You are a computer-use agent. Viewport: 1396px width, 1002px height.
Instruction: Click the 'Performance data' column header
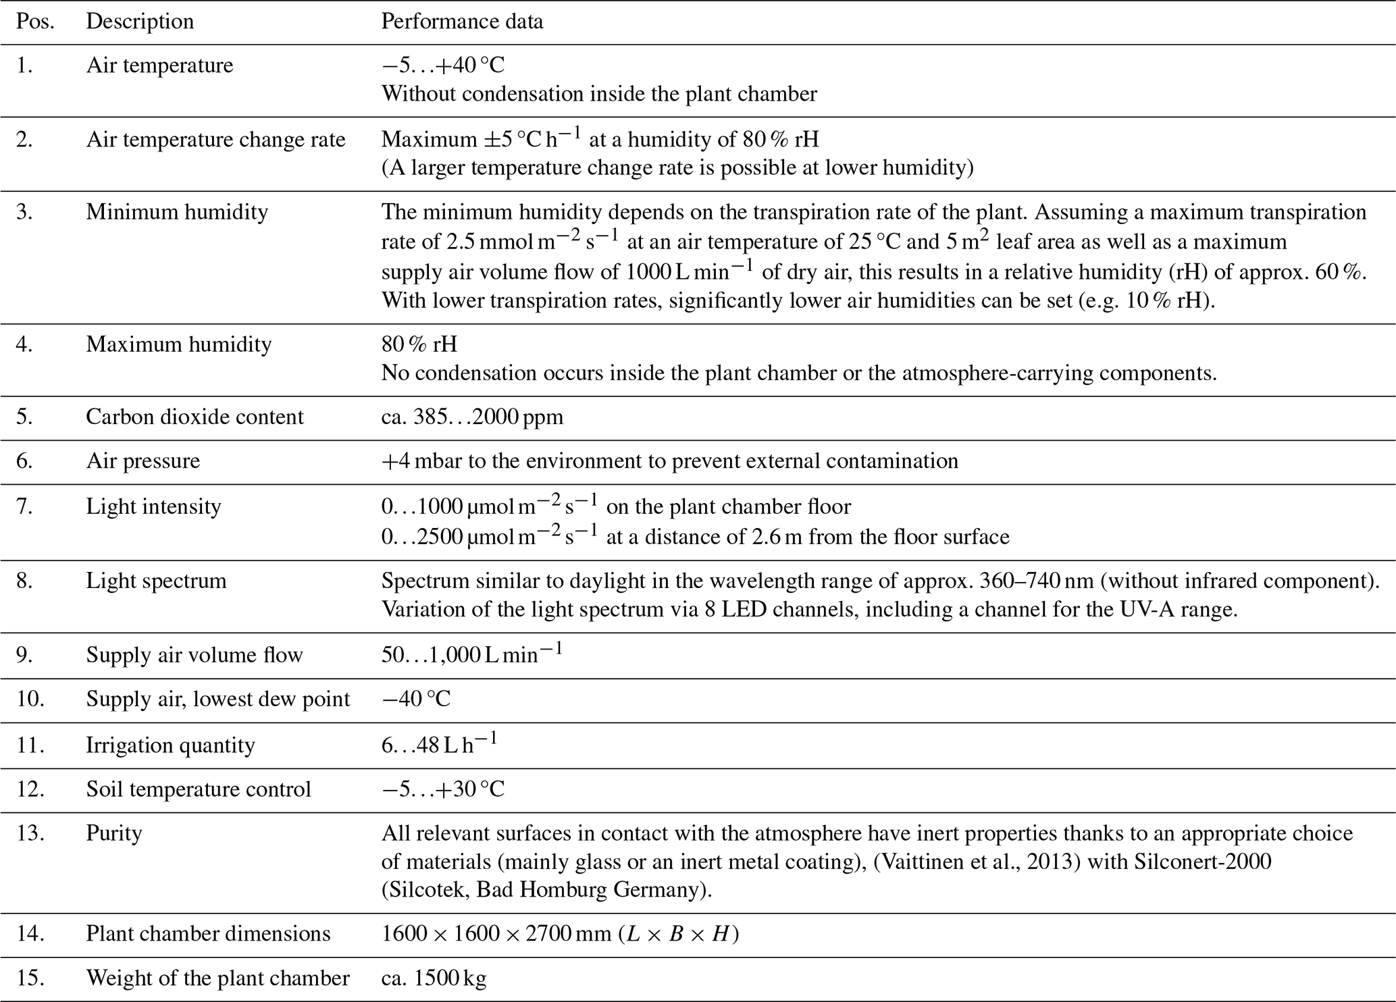click(462, 22)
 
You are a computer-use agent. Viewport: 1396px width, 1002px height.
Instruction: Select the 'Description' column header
click(140, 22)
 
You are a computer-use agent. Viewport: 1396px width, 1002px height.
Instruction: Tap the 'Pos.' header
click(35, 22)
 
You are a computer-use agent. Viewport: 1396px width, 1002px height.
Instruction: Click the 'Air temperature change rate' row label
click(215, 140)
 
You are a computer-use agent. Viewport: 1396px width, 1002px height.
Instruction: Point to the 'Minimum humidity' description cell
click(177, 212)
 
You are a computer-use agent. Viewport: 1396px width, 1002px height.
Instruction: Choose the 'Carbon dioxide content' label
click(195, 417)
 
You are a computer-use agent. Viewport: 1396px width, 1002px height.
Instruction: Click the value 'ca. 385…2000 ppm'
click(472, 417)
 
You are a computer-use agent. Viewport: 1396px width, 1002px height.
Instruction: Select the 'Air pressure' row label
click(143, 460)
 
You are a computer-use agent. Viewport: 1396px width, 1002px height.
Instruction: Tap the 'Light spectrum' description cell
click(156, 581)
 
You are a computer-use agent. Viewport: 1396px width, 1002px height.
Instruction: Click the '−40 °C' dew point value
click(416, 698)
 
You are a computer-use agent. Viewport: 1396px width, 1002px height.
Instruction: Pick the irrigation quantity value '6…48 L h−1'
click(439, 744)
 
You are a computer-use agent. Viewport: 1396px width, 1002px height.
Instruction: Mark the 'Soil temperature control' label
click(199, 789)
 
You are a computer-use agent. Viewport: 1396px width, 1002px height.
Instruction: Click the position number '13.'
click(30, 833)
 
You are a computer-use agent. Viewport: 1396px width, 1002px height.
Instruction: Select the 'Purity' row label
click(114, 833)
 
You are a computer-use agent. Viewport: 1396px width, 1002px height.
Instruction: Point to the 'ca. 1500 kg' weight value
click(434, 978)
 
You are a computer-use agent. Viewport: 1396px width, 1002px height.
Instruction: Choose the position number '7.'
click(25, 506)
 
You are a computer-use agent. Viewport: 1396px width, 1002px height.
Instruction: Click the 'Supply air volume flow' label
click(195, 655)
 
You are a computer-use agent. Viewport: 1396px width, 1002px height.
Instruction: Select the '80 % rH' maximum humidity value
click(419, 344)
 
